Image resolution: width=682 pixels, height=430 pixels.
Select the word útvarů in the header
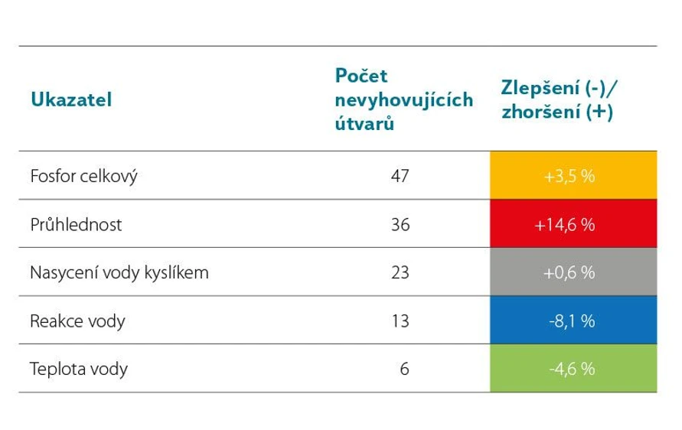365,123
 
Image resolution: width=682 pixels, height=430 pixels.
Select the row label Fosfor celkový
84,175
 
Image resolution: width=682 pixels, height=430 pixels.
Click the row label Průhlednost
76,225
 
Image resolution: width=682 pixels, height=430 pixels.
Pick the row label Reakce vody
77,321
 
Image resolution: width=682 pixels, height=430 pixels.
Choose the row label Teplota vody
79,369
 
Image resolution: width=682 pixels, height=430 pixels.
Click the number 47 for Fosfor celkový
400,175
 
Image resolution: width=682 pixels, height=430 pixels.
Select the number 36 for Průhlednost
400,225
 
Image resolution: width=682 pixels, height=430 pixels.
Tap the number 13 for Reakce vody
400,321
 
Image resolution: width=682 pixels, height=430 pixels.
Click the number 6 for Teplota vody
405,369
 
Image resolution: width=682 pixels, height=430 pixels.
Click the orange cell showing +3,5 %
572,175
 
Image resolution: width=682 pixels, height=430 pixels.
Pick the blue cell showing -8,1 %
572,321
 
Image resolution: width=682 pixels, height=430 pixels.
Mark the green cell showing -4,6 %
572,369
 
